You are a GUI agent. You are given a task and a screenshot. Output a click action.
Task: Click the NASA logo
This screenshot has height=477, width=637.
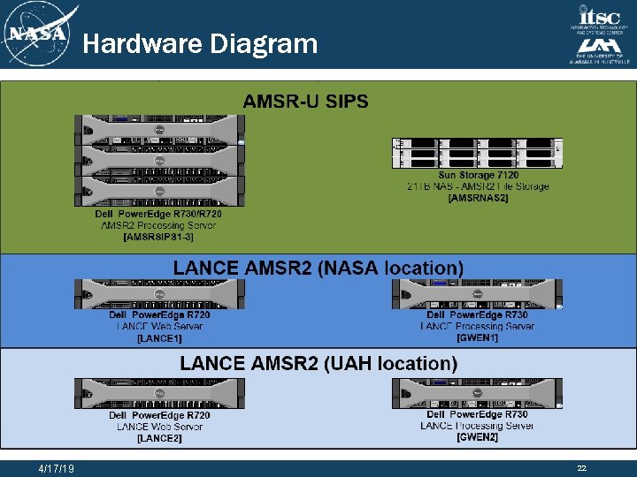pos(37,34)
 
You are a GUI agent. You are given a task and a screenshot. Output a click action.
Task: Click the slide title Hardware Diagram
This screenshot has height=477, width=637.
pos(200,43)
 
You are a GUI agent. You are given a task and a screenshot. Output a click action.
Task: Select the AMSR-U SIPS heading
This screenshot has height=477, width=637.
pos(306,101)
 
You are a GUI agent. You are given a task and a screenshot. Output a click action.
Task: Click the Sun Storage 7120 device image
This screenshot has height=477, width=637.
pos(477,153)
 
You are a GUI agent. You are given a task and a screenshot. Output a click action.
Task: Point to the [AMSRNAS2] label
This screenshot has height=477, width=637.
pos(478,198)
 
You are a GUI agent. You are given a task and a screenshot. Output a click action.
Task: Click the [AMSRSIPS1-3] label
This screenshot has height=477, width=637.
pos(158,237)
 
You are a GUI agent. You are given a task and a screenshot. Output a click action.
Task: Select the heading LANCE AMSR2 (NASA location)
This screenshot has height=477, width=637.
pos(318,268)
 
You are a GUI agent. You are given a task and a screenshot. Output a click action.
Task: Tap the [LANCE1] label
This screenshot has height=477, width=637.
pos(159,338)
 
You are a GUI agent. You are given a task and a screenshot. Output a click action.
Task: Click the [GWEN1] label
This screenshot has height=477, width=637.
pos(477,337)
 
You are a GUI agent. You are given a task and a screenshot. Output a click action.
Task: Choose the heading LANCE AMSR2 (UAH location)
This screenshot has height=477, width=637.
pos(318,363)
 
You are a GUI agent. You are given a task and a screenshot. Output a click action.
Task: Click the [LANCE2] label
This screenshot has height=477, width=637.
pos(159,438)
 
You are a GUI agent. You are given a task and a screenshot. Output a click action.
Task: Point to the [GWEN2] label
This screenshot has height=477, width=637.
pos(477,437)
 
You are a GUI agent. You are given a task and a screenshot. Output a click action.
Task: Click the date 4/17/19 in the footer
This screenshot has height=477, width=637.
pos(57,468)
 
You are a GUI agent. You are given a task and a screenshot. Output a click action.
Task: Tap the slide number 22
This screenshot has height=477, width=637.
pos(581,468)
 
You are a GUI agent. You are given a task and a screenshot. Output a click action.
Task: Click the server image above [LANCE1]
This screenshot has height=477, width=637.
pos(159,294)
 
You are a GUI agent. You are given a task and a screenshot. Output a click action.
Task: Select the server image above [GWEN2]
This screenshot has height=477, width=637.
pos(477,393)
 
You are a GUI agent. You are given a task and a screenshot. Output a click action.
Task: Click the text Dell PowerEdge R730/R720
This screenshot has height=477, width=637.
pos(158,214)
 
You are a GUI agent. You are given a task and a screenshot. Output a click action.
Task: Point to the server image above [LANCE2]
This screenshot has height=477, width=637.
pos(159,394)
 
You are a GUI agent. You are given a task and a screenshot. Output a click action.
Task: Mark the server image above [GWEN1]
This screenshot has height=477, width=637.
pos(477,294)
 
